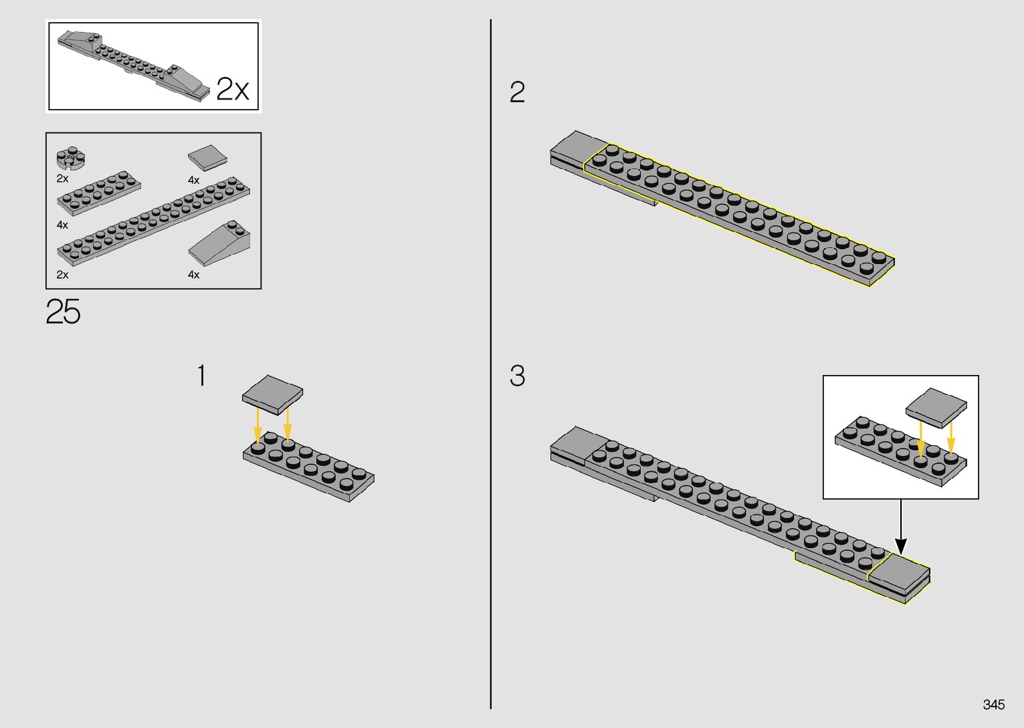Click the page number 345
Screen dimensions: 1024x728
[x=993, y=705]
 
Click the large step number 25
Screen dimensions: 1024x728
[x=64, y=312]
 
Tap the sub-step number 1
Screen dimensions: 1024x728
[x=201, y=376]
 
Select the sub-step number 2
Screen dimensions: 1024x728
[x=517, y=92]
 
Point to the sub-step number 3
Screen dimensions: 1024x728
[x=517, y=376]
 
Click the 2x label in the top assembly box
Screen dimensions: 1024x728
[x=233, y=89]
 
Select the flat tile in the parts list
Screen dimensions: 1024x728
[x=207, y=158]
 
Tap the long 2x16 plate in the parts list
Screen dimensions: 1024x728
[x=154, y=221]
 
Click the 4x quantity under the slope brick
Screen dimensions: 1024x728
[x=194, y=275]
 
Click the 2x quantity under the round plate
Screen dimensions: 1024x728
[x=62, y=179]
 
